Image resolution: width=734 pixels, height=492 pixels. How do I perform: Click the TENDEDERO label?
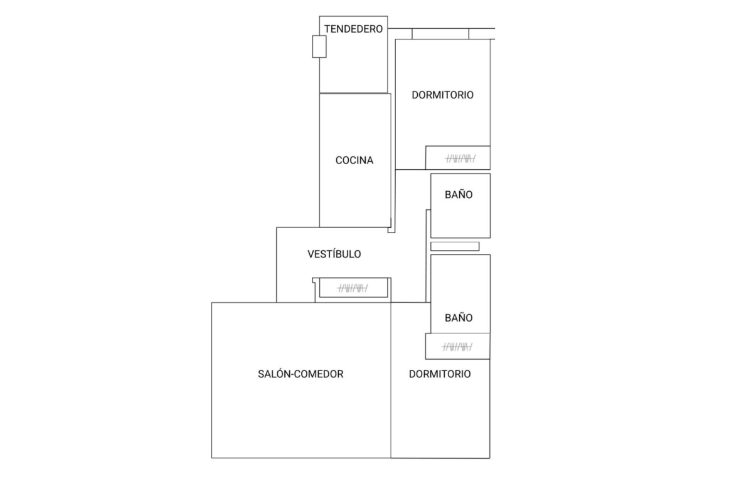coord(353,29)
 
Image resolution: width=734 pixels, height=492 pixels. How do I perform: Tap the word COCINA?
coord(354,160)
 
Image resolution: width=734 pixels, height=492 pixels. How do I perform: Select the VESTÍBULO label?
coord(334,254)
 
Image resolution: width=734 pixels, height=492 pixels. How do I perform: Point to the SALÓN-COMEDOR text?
coord(301,374)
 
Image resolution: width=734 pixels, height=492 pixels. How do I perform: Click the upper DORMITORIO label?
coord(442,95)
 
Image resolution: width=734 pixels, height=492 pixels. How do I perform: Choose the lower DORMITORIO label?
coord(440,374)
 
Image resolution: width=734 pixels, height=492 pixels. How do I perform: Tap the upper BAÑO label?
coord(459,194)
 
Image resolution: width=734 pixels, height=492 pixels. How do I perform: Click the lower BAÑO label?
coord(459,318)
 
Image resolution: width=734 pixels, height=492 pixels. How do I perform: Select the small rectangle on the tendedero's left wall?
coord(319,47)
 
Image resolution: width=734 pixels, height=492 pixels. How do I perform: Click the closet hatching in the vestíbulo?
coord(353,288)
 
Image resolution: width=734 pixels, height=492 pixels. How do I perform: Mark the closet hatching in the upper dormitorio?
coord(460,159)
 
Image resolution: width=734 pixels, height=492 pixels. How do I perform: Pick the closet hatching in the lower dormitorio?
coord(457,347)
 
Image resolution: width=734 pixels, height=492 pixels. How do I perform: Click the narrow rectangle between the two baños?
coord(455,246)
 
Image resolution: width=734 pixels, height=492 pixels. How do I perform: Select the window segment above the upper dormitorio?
coord(440,34)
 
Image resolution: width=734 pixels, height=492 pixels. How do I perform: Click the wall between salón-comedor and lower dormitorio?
coord(391,380)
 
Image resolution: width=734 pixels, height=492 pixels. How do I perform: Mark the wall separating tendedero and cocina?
coord(354,93)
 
